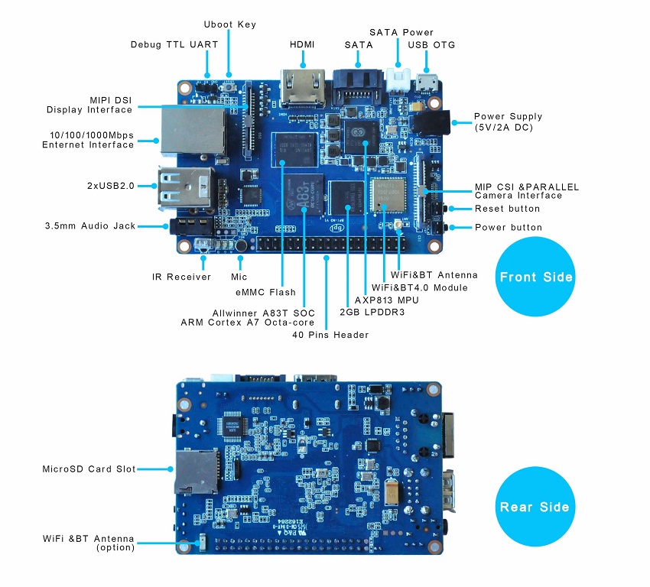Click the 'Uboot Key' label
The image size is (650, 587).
(x=230, y=24)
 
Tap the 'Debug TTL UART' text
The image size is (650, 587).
(x=174, y=44)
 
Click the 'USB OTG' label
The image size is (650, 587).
(x=432, y=45)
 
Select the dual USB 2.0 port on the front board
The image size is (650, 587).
(x=184, y=186)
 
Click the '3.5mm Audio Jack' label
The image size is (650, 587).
(x=89, y=226)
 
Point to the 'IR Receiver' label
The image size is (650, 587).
(x=181, y=277)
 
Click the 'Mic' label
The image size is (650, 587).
(x=239, y=277)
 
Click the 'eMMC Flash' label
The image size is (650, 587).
(x=265, y=292)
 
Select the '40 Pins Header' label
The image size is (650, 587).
(x=330, y=335)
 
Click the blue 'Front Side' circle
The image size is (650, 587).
(x=535, y=277)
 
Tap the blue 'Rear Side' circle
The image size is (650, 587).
(x=535, y=507)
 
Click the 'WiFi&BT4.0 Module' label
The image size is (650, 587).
(x=419, y=287)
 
